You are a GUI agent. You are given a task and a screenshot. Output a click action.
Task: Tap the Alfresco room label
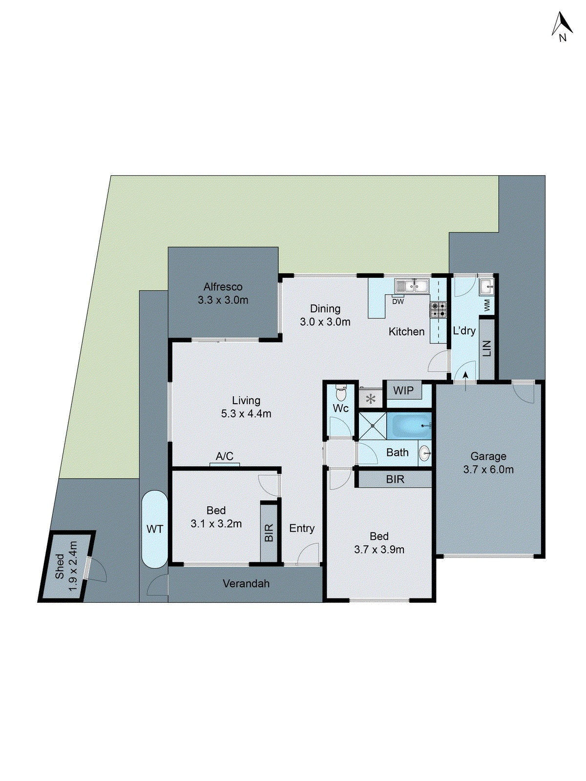pyautogui.click(x=223, y=287)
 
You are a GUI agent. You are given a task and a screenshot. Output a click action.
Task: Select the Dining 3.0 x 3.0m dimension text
pyautogui.click(x=325, y=322)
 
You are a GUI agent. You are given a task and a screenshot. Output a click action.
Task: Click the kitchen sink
pyautogui.click(x=412, y=285)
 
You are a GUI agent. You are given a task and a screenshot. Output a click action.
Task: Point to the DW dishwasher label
pyautogui.click(x=398, y=302)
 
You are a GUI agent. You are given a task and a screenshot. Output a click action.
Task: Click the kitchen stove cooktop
pyautogui.click(x=438, y=309)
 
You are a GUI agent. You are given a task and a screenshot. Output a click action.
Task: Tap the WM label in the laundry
pyautogui.click(x=487, y=306)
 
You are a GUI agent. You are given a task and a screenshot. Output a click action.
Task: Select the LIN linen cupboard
pyautogui.click(x=487, y=349)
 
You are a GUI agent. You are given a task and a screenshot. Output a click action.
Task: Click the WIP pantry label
pyautogui.click(x=403, y=390)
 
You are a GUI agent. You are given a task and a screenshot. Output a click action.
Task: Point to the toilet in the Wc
pyautogui.click(x=341, y=392)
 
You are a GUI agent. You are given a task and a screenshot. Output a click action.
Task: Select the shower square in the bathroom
pyautogui.click(x=373, y=426)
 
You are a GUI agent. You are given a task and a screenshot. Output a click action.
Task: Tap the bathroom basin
pyautogui.click(x=424, y=453)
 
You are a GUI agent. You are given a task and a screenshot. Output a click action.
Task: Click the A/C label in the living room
pyautogui.click(x=225, y=456)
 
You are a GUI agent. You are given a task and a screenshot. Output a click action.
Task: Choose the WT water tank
pyautogui.click(x=155, y=529)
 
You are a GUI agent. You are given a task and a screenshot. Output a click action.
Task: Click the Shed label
pyautogui.click(x=60, y=566)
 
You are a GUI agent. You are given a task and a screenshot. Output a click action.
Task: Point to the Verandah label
pyautogui.click(x=246, y=584)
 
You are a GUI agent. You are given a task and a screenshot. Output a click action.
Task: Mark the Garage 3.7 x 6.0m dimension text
pyautogui.click(x=488, y=470)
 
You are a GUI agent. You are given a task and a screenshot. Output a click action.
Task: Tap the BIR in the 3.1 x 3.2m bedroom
pyautogui.click(x=269, y=533)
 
